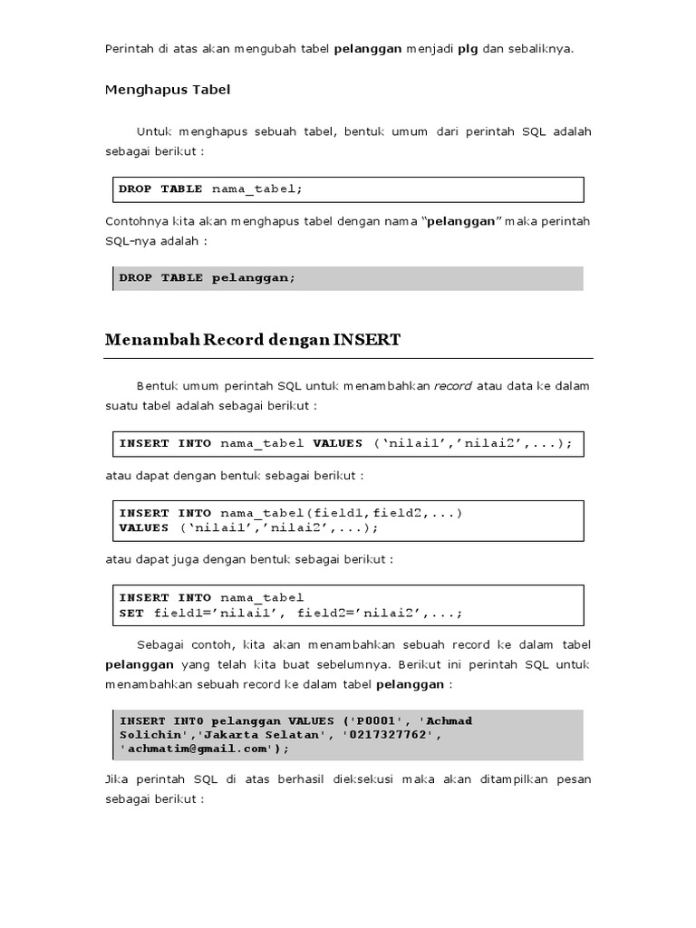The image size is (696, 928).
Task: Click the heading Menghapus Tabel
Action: click(168, 90)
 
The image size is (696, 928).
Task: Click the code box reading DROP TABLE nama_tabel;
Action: click(348, 189)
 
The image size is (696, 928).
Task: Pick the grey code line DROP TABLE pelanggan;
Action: click(348, 278)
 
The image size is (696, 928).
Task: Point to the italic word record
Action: click(453, 385)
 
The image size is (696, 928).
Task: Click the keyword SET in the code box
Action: click(131, 613)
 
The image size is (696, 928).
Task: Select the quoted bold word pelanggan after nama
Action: click(461, 221)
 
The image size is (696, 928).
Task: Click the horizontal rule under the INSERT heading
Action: click(348, 358)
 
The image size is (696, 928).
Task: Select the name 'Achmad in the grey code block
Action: click(446, 720)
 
